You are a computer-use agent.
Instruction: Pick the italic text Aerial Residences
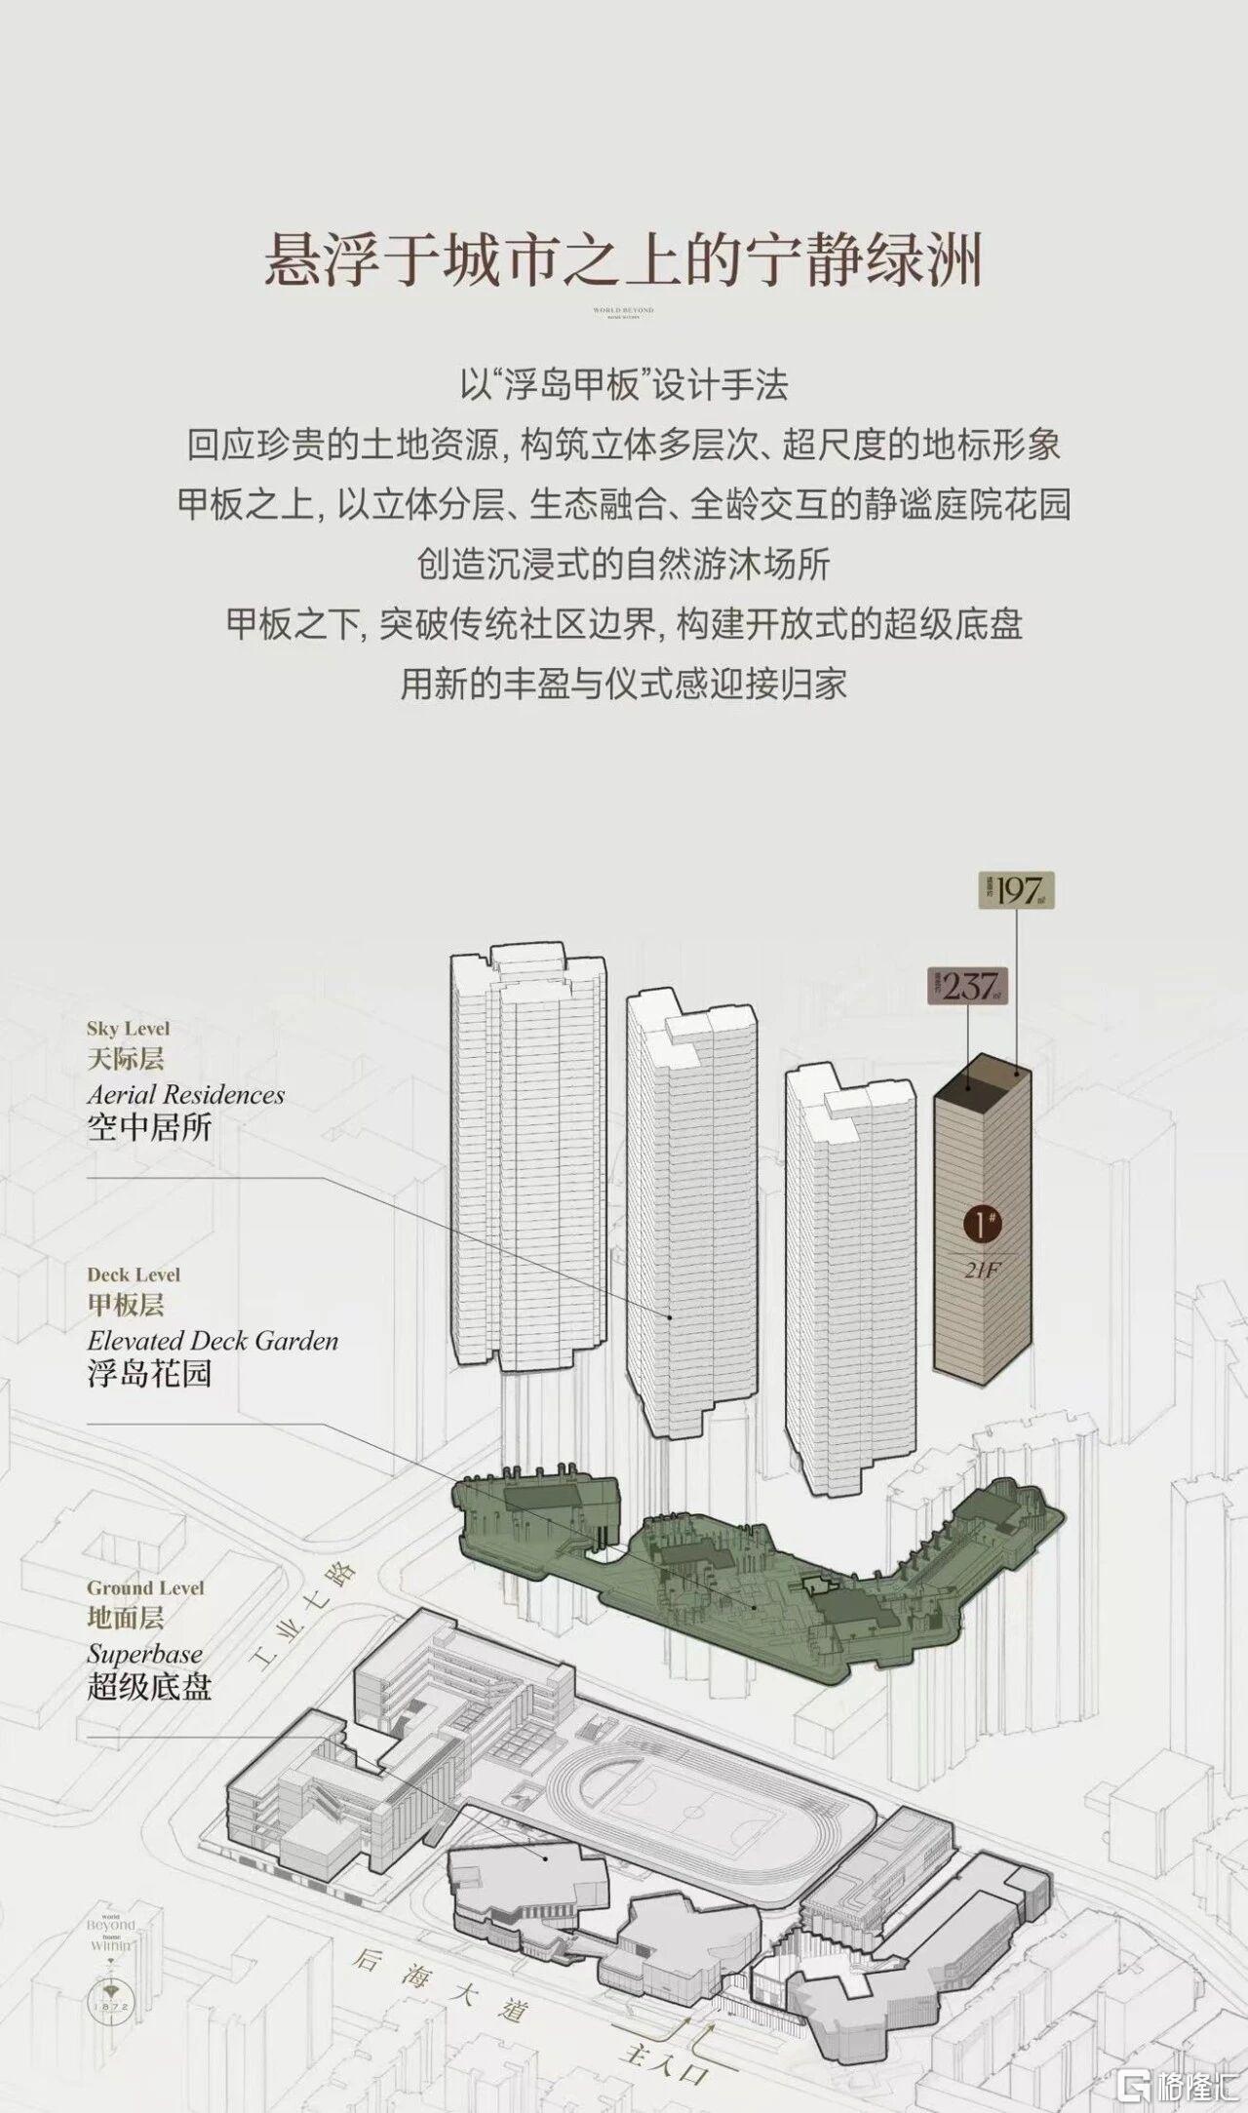(185, 1094)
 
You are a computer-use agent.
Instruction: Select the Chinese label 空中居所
(149, 1128)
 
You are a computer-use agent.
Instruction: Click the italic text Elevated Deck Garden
(213, 1341)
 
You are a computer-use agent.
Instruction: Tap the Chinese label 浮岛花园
(149, 1374)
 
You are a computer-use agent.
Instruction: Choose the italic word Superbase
(144, 1654)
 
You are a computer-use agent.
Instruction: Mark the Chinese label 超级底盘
(149, 1687)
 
